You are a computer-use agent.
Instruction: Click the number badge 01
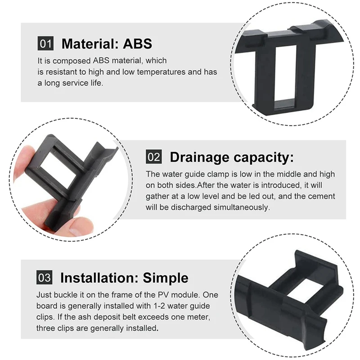[x=45, y=44]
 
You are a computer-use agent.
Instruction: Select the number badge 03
[x=45, y=277]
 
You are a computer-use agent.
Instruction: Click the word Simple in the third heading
[x=166, y=278]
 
